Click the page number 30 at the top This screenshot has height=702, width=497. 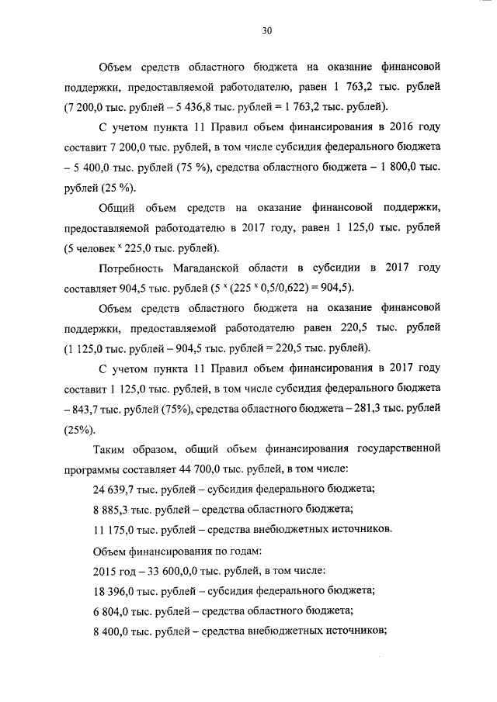tap(266, 31)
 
